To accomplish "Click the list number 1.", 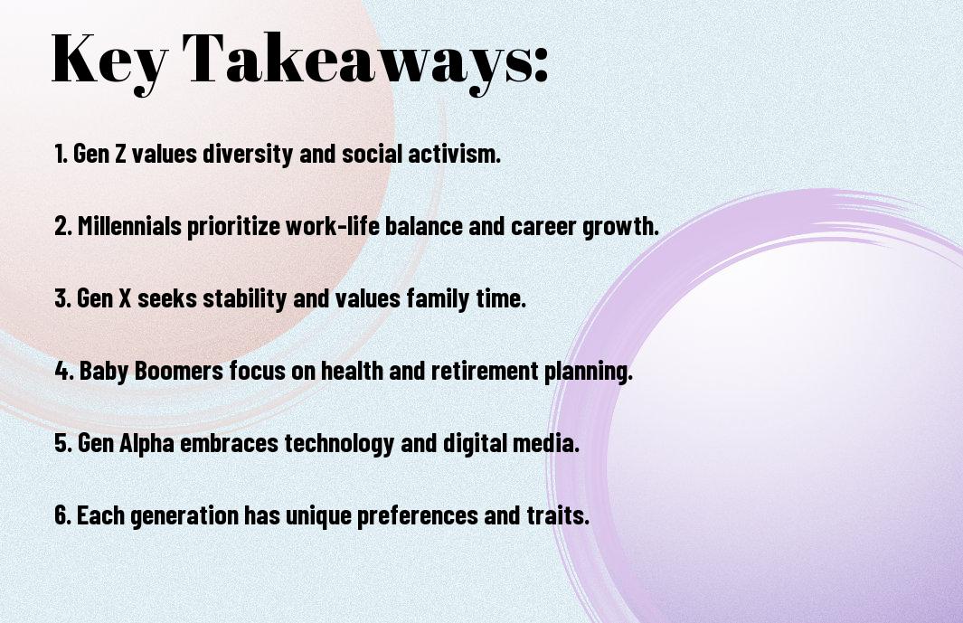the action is click(61, 154).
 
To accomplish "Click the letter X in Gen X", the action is click(124, 298).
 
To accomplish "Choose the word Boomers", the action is click(179, 371).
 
